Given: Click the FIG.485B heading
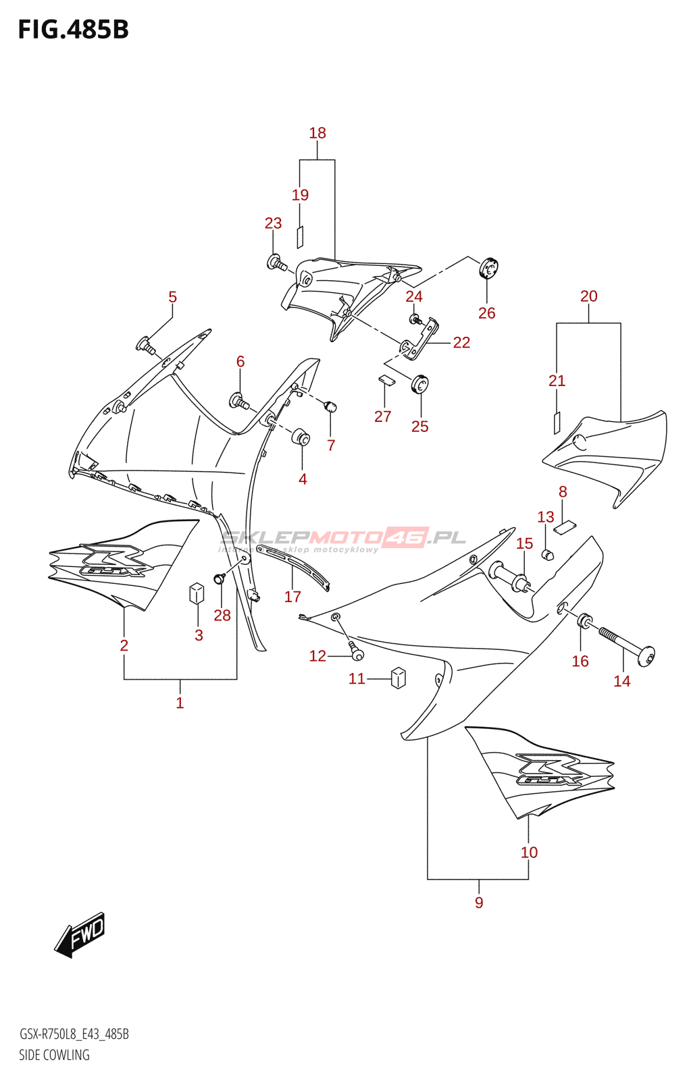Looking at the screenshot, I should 73,30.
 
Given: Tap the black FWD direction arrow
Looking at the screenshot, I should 80,935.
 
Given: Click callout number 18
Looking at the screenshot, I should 317,133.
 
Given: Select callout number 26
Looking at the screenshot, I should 486,313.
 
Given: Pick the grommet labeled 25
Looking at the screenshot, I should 420,385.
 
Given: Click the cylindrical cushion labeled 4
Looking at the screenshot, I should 301,437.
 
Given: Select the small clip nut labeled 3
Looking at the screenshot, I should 197,593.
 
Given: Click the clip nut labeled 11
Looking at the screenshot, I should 399,677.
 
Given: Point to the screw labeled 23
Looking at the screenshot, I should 276,263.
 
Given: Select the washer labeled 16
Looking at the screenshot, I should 585,620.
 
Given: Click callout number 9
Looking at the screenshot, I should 479,902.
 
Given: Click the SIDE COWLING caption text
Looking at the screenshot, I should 54,1055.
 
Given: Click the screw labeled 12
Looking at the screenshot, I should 356,652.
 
